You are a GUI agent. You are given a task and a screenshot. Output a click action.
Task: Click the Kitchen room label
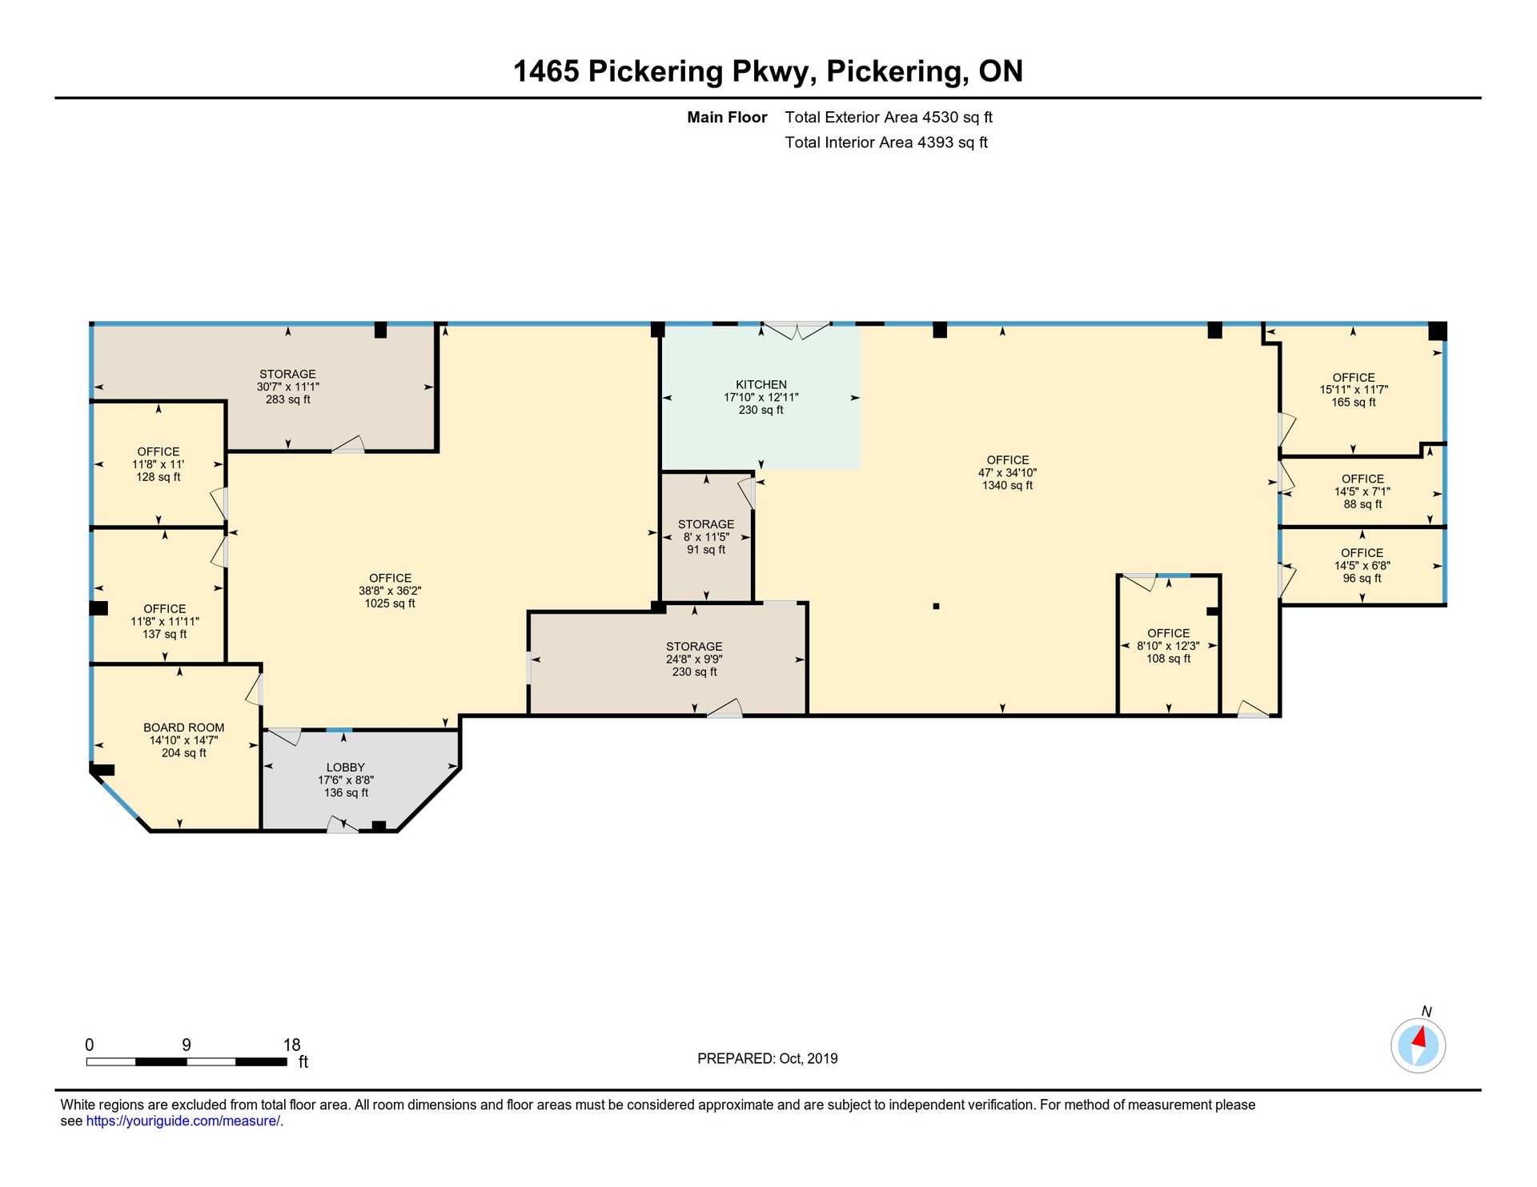coord(761,385)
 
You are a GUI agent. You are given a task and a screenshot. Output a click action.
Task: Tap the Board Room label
coord(184,728)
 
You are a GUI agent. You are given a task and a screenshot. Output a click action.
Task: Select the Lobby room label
coord(346,768)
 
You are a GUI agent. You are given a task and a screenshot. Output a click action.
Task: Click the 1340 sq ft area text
coord(1008,485)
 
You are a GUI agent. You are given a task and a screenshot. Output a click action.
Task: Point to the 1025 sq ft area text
coord(390,604)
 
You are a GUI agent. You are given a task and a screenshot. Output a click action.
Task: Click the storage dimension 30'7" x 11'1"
coord(288,387)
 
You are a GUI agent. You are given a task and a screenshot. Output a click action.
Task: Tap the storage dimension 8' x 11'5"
coord(706,537)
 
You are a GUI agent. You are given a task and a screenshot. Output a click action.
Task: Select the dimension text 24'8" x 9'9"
coord(695,660)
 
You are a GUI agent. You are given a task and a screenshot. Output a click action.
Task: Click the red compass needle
coord(1420,1038)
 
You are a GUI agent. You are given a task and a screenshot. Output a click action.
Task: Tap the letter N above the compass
coord(1427,1012)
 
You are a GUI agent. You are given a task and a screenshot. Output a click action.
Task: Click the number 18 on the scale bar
coord(291,1045)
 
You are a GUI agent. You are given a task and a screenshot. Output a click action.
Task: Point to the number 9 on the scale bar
coord(187,1045)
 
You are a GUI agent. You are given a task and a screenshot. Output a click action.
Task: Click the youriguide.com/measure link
coord(183,1121)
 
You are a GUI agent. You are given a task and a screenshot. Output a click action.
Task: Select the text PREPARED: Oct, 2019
coord(768,1059)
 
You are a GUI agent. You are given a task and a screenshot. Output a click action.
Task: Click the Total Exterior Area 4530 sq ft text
coord(889,117)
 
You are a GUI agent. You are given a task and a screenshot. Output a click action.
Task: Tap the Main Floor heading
coord(727,117)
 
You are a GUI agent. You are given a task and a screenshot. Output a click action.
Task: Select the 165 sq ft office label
coord(1354,403)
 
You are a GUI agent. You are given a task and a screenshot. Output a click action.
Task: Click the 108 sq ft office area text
coord(1169,659)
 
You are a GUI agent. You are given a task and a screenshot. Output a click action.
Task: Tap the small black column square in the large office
coord(936,607)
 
